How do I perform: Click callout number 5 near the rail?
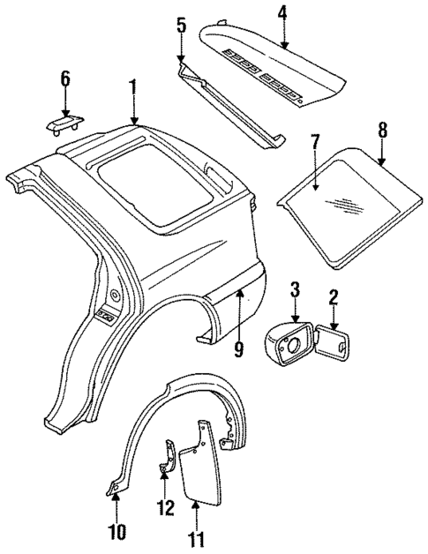pos(181,26)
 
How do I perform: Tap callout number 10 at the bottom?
pos(118,531)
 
